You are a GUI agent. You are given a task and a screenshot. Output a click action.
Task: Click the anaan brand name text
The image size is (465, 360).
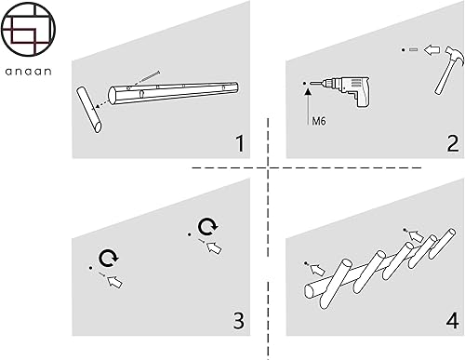tap(28, 72)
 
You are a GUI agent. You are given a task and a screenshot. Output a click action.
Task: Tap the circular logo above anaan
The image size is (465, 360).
tap(28, 29)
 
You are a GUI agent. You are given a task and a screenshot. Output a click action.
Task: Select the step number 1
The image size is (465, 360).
tap(240, 143)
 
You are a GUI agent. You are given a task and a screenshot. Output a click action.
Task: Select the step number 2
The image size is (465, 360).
tap(453, 143)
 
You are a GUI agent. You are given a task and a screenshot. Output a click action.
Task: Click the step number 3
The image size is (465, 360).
tap(239, 321)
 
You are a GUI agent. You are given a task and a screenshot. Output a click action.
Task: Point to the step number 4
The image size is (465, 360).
tap(453, 321)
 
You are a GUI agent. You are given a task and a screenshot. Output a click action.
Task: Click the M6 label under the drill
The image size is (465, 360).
tap(319, 121)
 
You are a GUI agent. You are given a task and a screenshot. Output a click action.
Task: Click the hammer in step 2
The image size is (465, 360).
tap(449, 70)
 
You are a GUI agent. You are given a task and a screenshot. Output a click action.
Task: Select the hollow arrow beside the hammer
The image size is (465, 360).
tap(432, 49)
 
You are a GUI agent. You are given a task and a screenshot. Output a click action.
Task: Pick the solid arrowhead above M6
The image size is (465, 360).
tap(308, 91)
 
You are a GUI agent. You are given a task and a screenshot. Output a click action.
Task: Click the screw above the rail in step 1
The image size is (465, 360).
tap(149, 77)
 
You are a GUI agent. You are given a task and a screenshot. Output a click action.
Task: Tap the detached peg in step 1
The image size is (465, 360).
tap(89, 110)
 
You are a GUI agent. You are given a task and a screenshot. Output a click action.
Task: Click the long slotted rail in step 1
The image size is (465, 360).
tap(174, 93)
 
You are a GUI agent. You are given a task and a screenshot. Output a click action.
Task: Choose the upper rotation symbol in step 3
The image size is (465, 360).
tap(207, 227)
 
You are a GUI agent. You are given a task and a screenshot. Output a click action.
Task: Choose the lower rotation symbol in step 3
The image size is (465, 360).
tap(109, 258)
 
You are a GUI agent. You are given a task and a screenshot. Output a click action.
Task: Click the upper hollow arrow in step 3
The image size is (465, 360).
tap(214, 247)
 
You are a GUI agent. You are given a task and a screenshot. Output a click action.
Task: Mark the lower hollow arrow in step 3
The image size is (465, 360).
tap(114, 282)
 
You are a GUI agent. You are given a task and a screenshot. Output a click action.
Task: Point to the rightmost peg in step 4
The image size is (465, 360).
tap(443, 244)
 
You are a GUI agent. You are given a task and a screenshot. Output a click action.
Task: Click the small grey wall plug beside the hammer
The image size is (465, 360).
tap(413, 49)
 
